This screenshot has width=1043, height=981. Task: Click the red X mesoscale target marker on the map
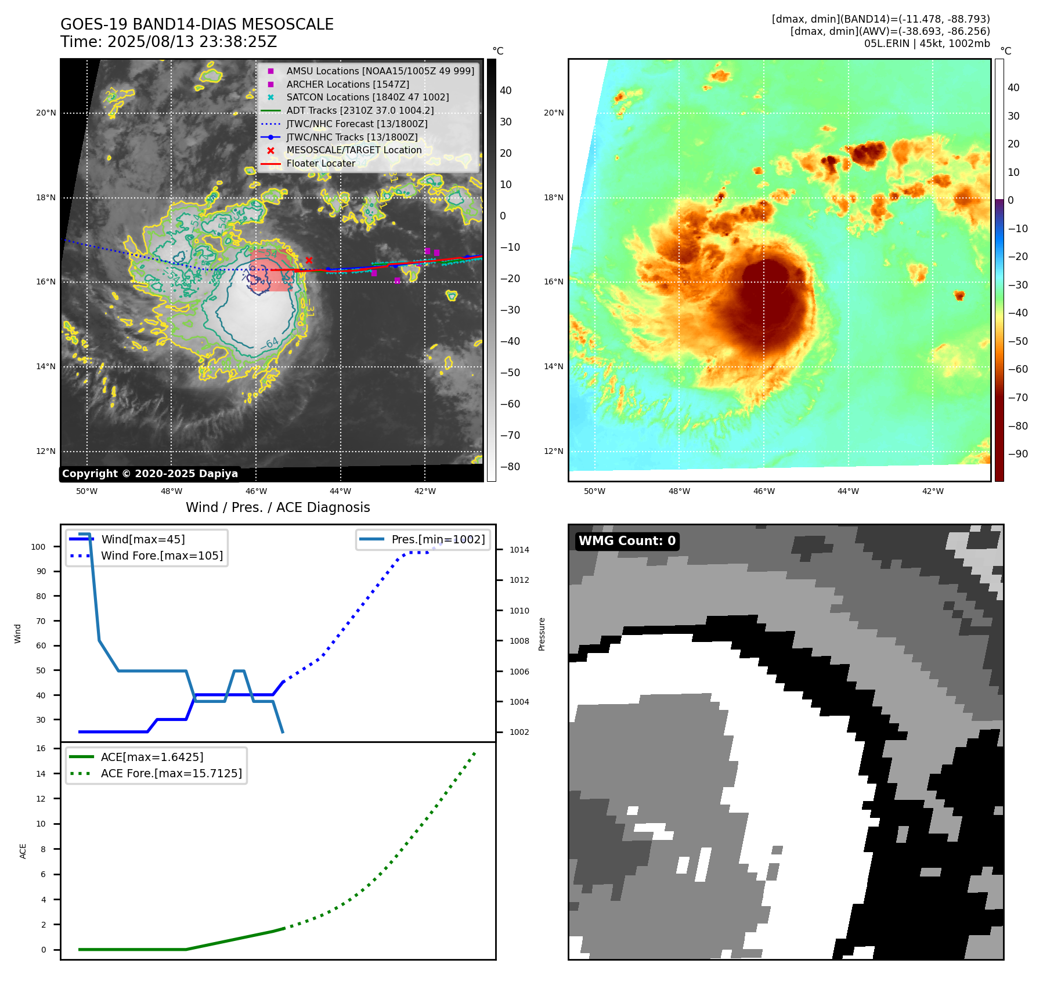point(309,261)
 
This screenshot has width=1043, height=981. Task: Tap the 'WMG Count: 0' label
point(627,541)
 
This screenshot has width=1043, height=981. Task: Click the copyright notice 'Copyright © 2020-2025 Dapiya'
point(150,474)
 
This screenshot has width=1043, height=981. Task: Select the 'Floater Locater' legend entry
point(320,164)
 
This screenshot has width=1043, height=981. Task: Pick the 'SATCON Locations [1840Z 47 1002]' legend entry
point(367,98)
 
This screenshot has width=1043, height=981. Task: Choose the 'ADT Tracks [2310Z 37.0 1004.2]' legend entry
point(360,111)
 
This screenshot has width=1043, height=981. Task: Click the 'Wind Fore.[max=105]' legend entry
point(162,556)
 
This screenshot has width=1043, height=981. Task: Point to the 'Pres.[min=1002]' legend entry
point(438,540)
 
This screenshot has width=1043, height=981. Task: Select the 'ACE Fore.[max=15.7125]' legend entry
point(171,774)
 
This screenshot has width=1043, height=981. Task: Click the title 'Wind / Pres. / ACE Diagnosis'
point(277,508)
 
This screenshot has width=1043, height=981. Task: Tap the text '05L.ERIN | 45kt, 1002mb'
point(926,44)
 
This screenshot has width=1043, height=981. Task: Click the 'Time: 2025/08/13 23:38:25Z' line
point(169,42)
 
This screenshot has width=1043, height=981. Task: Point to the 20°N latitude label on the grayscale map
point(46,113)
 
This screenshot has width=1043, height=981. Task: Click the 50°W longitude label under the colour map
point(594,492)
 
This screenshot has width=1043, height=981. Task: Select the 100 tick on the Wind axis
point(38,547)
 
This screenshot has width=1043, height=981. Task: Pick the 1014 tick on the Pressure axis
point(519,550)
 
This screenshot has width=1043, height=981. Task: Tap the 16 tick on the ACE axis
point(41,749)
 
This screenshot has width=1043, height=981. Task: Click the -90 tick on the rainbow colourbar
point(1017,454)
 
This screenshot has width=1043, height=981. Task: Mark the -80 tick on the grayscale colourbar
point(510,467)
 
